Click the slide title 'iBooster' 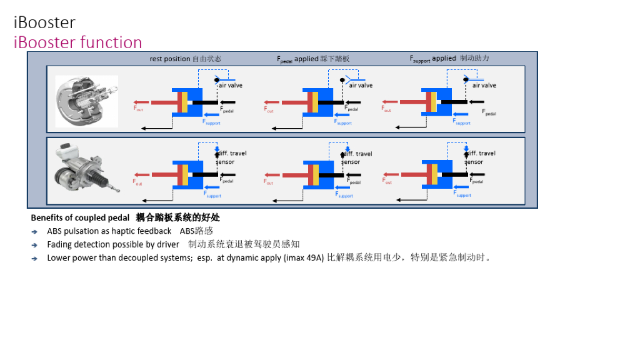point(44,22)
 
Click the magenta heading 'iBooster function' point(78,42)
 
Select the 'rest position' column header point(185,59)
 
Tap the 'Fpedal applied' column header point(313,59)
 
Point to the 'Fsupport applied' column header point(449,58)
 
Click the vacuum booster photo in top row point(87,101)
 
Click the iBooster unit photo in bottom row point(84,171)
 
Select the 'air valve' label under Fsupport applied point(484,86)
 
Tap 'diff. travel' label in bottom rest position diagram point(232,153)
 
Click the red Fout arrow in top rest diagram point(149,102)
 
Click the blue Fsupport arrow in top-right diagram point(460,114)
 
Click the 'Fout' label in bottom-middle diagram point(269,182)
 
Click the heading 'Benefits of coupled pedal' point(80,218)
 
